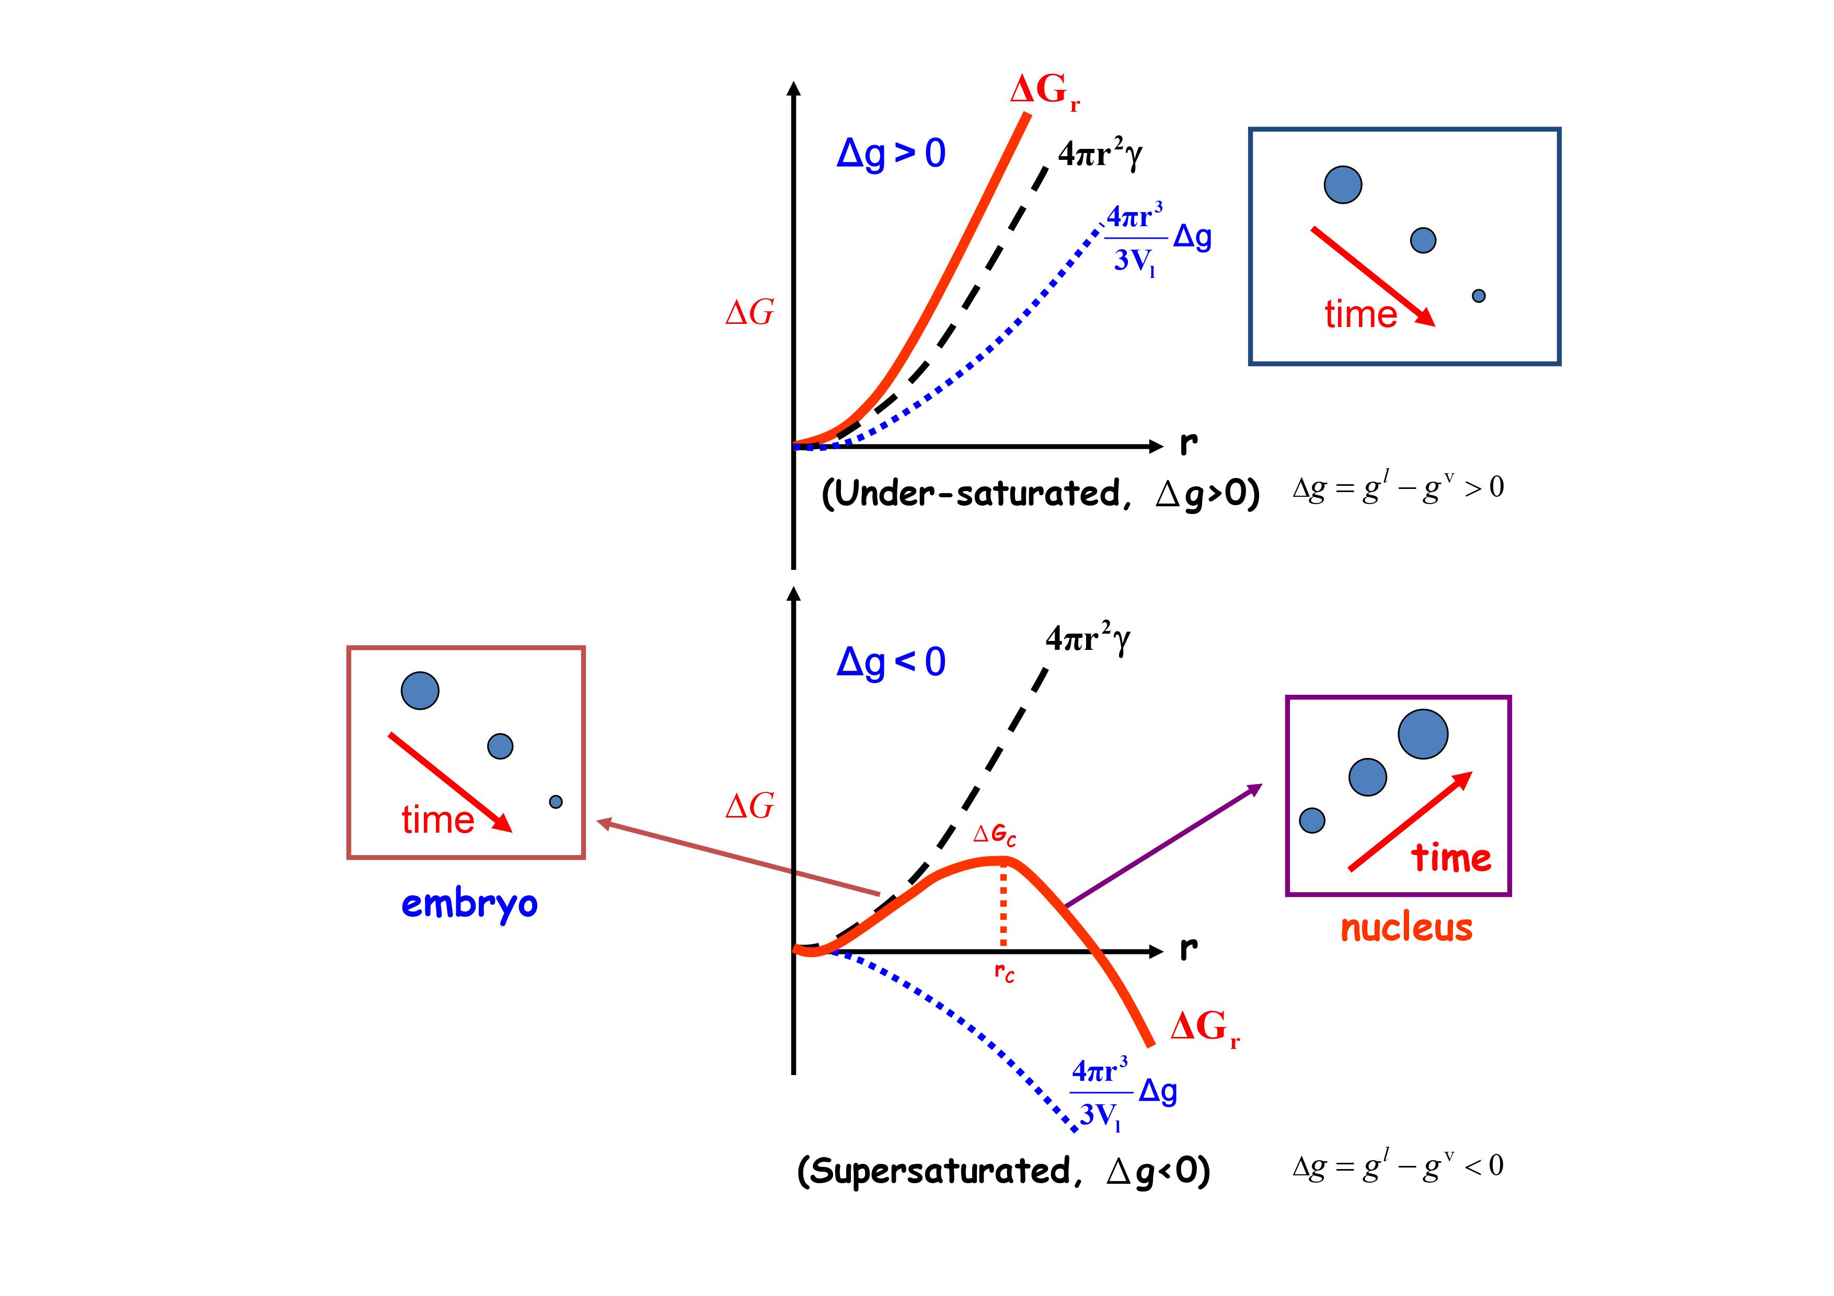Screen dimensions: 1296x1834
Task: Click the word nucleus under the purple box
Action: [x=1406, y=928]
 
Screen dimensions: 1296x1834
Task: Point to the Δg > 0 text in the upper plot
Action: [x=891, y=153]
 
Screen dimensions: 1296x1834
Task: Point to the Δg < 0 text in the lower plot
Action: [x=891, y=662]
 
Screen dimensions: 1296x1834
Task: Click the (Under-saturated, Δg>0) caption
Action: [x=1040, y=494]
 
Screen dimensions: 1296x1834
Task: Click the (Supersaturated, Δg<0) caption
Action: [x=1003, y=1171]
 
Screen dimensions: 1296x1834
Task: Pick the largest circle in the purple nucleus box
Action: [x=1423, y=734]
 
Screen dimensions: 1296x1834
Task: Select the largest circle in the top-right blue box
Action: [x=1343, y=184]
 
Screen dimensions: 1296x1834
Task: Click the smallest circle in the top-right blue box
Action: [x=1479, y=296]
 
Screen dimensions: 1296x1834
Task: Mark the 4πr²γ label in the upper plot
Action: [x=1100, y=154]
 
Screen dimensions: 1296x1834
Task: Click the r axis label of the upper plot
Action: [x=1189, y=443]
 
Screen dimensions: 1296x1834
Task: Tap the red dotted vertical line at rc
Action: [x=1003, y=906]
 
